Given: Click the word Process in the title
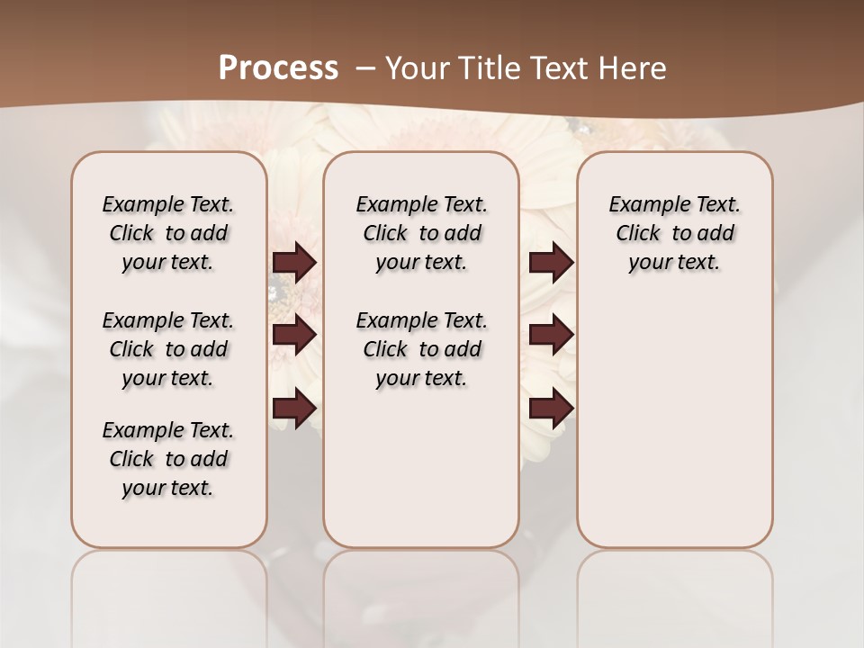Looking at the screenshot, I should pyautogui.click(x=278, y=67).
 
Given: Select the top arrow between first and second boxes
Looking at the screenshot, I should pyautogui.click(x=294, y=263).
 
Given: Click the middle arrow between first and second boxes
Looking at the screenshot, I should pyautogui.click(x=294, y=335).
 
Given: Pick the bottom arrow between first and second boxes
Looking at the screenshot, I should pyautogui.click(x=294, y=409).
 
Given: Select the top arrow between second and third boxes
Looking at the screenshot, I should pyautogui.click(x=551, y=263).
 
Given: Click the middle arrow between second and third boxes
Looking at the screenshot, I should pyautogui.click(x=551, y=335).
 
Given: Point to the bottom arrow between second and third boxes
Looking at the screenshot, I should pyautogui.click(x=551, y=409).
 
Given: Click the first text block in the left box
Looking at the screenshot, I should pyautogui.click(x=168, y=233).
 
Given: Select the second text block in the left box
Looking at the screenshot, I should pyautogui.click(x=168, y=349).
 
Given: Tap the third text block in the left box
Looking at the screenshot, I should pyautogui.click(x=168, y=459).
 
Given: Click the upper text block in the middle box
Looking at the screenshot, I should pyautogui.click(x=421, y=233).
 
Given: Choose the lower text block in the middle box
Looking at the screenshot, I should pyautogui.click(x=421, y=349).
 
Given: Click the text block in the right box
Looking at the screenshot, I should pyautogui.click(x=674, y=233).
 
